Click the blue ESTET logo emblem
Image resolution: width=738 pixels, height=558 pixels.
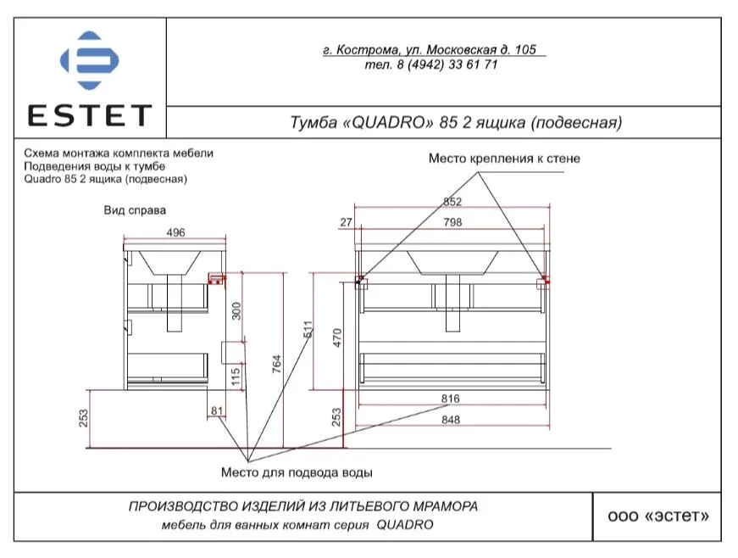[90, 60]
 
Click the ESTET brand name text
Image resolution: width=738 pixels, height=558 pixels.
[90, 115]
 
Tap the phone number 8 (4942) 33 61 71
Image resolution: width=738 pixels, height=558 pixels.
[447, 64]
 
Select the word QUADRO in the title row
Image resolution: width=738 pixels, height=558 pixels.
[389, 122]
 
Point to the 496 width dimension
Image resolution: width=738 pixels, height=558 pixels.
[175, 232]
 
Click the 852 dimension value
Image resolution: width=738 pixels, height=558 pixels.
[452, 202]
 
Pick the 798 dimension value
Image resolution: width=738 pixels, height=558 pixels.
[452, 222]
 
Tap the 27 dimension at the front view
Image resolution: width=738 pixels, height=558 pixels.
[346, 222]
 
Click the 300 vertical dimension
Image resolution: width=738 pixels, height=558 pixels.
[236, 310]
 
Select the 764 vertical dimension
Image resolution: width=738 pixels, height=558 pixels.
[276, 364]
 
